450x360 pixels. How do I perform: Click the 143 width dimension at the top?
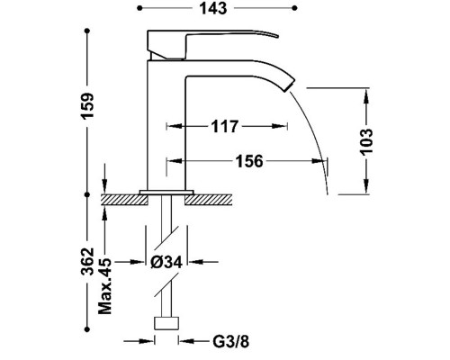pos(213,8)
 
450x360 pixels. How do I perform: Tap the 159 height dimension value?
pos(88,106)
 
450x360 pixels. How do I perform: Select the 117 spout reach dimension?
pos(225,126)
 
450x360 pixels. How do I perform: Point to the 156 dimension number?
pos(249,161)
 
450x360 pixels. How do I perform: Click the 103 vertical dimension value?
pos(366,142)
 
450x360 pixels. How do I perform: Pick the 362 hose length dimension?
pos(88,261)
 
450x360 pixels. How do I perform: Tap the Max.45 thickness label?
pos(105,286)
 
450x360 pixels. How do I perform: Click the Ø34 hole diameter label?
pos(166,263)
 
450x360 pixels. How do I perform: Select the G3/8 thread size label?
pos(231,341)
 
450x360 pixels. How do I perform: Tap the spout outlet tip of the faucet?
pos(289,85)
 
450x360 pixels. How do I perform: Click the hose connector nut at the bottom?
pos(166,323)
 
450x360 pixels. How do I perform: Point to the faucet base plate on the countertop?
pos(166,192)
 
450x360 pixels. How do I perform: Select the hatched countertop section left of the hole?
pos(124,200)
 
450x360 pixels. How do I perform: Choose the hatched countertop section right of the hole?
pos(209,200)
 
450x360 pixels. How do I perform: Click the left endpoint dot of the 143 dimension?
pos(139,8)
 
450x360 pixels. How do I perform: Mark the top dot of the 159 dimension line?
pos(87,31)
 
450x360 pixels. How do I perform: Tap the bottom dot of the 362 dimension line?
pos(87,329)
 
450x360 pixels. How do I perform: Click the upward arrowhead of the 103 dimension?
pos(366,96)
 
